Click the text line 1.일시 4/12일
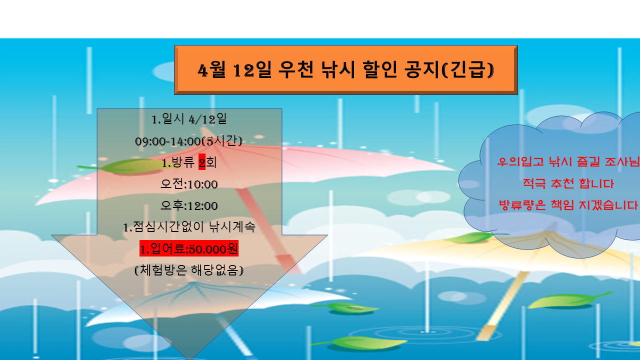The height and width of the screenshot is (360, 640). click(x=189, y=119)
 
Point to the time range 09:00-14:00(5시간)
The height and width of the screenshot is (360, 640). click(x=188, y=141)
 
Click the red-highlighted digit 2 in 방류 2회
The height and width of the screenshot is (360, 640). click(x=202, y=162)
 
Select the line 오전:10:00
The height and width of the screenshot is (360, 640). click(x=189, y=184)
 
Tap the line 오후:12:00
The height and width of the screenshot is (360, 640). click(x=189, y=205)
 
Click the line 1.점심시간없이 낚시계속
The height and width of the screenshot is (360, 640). click(x=189, y=227)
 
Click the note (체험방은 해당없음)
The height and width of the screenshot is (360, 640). click(x=189, y=270)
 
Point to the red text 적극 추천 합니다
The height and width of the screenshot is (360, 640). click(x=568, y=183)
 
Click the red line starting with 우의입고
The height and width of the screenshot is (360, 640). click(x=568, y=162)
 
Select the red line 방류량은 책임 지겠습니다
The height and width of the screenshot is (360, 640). click(x=568, y=205)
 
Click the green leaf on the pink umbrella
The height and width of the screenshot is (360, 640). click(x=125, y=167)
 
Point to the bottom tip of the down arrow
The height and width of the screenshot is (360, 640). click(x=189, y=359)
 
